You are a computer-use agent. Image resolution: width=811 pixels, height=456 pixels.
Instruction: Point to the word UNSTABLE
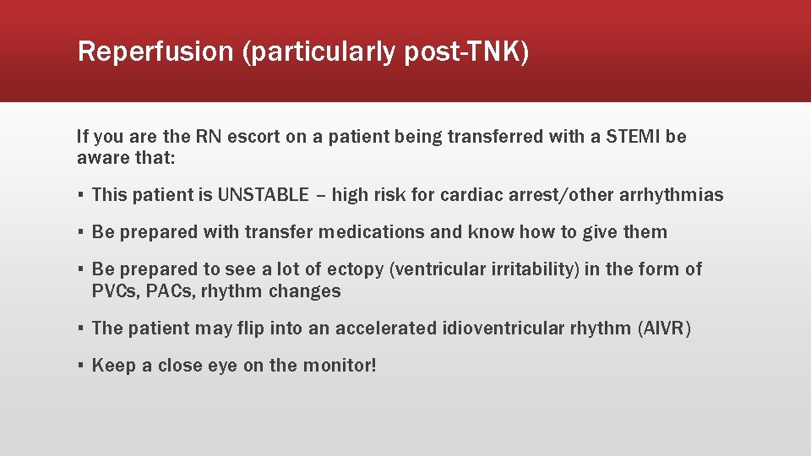[x=264, y=195]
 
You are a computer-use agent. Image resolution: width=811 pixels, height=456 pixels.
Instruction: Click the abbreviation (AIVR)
[x=665, y=328]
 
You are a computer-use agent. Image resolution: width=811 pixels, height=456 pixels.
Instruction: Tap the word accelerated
[x=385, y=328]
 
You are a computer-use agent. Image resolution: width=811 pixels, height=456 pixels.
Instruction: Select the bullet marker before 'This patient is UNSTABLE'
[x=79, y=196]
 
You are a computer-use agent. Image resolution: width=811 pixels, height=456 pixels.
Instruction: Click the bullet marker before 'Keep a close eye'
[x=79, y=366]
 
